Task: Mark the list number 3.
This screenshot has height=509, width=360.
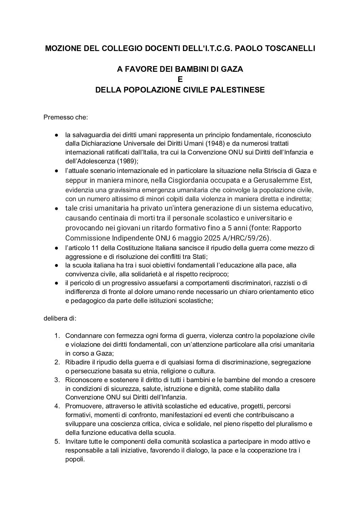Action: pyautogui.click(x=57, y=380)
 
